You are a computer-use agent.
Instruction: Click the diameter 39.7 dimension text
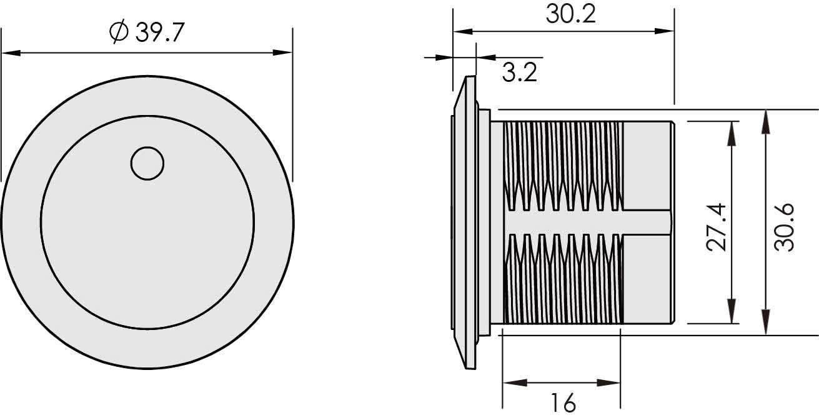coord(159,33)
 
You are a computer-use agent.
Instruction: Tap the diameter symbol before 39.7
coord(119,32)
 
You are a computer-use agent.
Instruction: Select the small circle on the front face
coord(147,164)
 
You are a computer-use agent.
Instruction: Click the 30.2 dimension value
coord(570,14)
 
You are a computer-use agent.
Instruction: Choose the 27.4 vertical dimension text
coord(717,226)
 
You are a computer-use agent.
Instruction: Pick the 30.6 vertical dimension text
coord(783,226)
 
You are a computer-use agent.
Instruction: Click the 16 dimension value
coord(563,404)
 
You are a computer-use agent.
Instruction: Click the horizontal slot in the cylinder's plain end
coord(647,222)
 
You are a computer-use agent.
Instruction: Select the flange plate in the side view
coord(465,222)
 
